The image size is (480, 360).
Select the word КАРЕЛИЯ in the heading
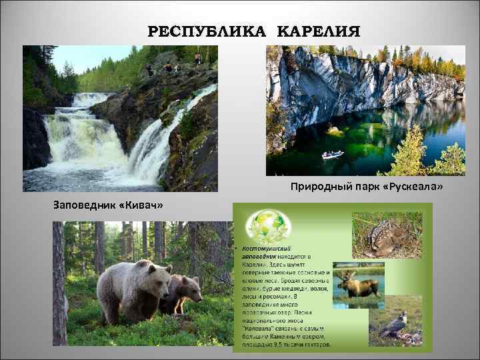(317, 31)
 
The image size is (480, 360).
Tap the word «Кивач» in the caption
(145, 203)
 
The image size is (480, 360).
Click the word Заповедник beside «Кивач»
(84, 203)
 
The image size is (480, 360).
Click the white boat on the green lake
(333, 155)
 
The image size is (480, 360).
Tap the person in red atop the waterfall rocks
(167, 67)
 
